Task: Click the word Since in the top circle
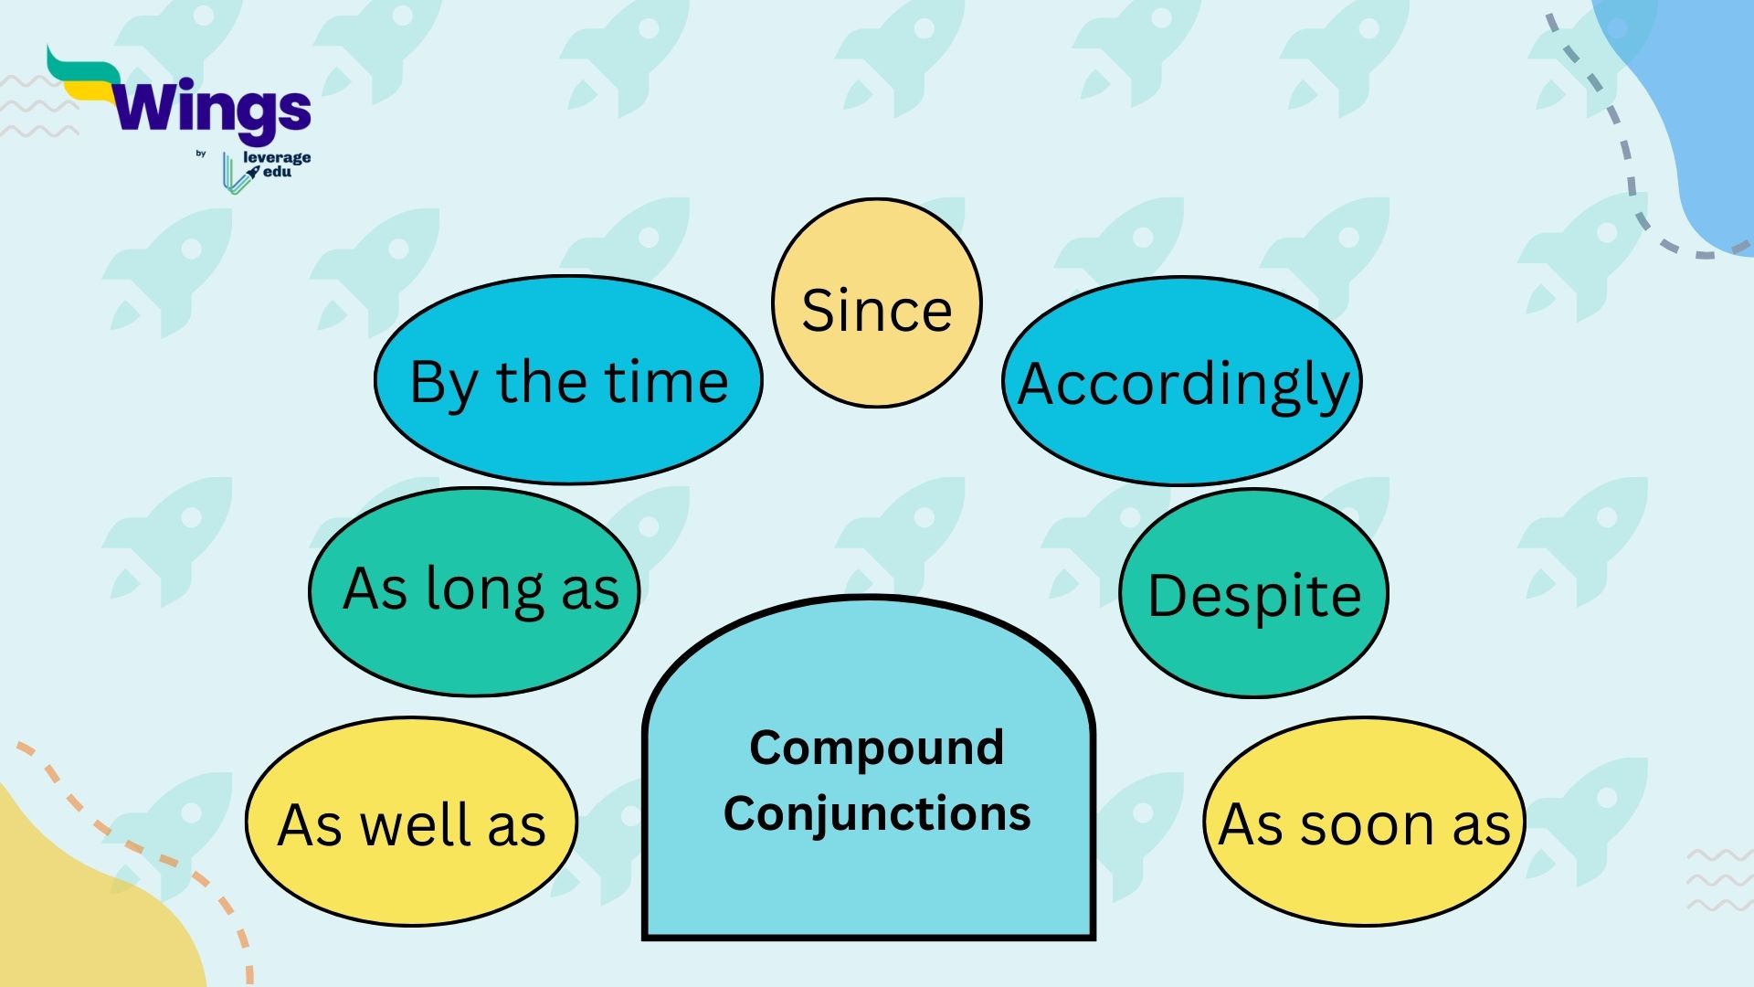tap(876, 311)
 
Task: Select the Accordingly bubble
tap(1182, 383)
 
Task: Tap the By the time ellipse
tap(568, 381)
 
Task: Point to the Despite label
tap(1253, 596)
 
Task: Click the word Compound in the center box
tap(876, 748)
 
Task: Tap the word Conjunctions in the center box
tap(876, 813)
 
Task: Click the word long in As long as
tap(485, 590)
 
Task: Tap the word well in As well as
tap(416, 824)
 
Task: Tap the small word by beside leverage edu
tap(201, 154)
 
